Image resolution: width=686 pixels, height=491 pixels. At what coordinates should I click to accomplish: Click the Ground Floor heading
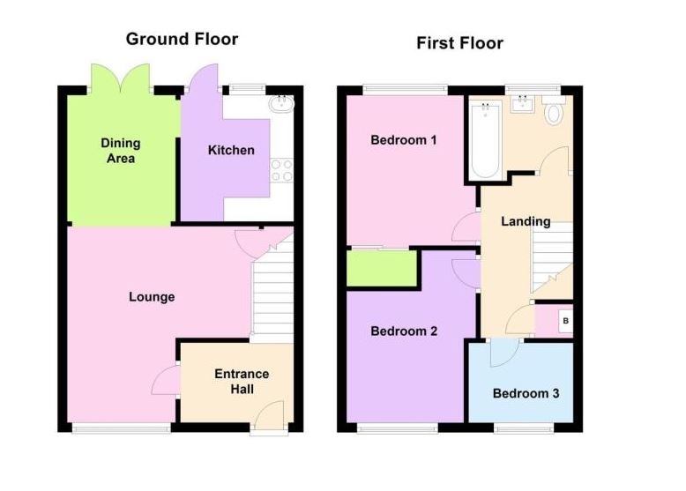(182, 39)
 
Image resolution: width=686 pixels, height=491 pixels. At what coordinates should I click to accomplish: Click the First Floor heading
(460, 43)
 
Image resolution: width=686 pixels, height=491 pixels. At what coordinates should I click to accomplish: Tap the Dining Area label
(120, 151)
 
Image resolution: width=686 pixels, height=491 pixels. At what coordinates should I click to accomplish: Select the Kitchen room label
(231, 150)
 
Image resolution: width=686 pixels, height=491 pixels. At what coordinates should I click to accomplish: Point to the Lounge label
(152, 297)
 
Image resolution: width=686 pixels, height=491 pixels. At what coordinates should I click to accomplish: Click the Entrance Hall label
(242, 382)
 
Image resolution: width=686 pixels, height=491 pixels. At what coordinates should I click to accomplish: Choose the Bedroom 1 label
(404, 140)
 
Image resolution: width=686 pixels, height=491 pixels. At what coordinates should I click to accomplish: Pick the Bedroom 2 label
(404, 331)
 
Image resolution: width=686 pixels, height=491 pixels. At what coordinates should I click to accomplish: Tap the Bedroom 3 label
(526, 393)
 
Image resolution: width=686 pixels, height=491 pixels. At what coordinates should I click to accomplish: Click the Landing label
(526, 221)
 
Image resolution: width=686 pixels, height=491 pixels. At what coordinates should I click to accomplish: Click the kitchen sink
(283, 104)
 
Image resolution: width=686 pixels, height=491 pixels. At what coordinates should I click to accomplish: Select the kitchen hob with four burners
(282, 170)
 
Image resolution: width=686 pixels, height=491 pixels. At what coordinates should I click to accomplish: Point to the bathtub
(486, 141)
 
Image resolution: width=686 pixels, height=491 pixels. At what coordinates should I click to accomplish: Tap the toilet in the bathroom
(555, 113)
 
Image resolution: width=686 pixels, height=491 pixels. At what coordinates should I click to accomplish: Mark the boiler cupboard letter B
(565, 322)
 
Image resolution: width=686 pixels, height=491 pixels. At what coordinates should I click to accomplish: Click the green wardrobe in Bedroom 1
(382, 268)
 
